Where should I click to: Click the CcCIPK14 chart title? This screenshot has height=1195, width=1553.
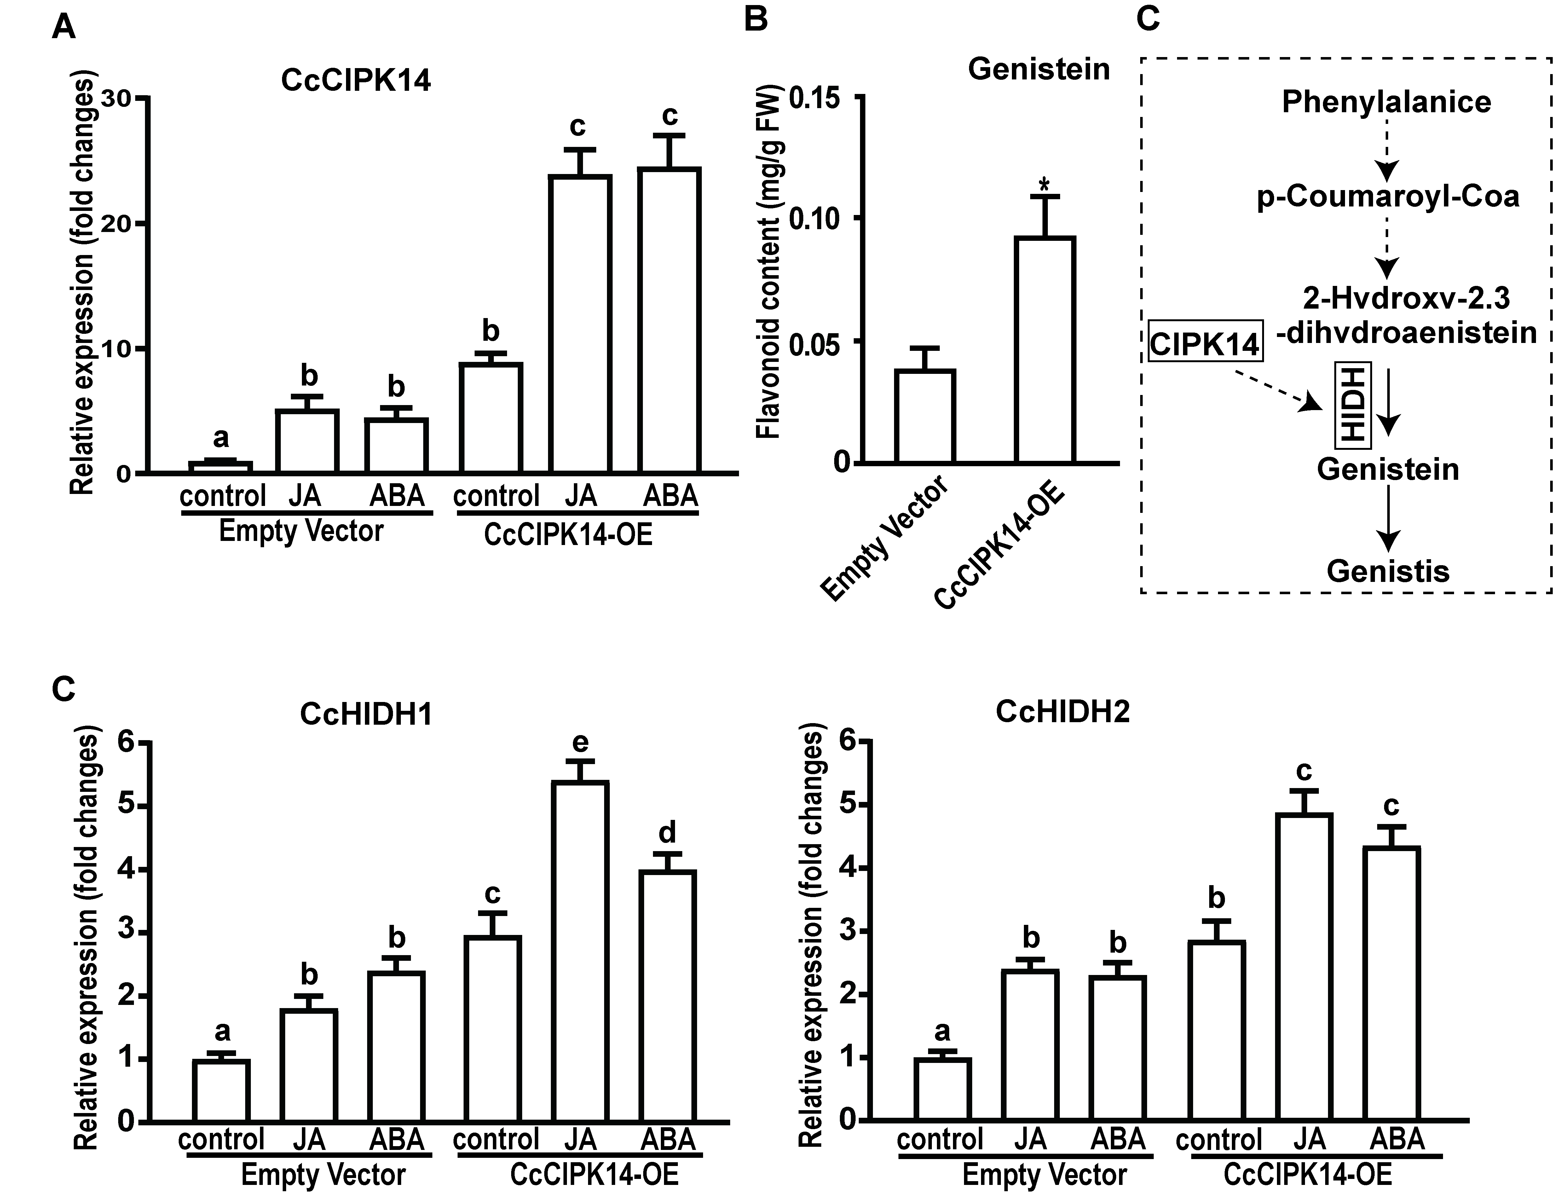point(355,80)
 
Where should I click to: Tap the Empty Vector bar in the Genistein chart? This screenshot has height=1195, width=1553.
point(924,416)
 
